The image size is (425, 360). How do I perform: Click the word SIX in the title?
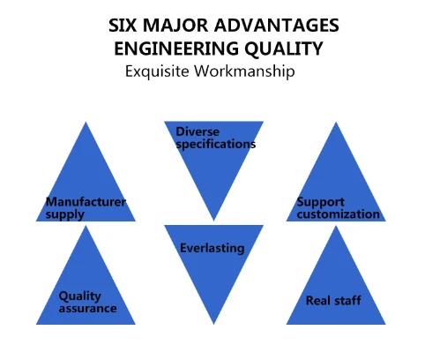click(123, 26)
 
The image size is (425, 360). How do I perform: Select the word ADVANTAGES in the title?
click(277, 26)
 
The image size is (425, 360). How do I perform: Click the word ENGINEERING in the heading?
click(176, 49)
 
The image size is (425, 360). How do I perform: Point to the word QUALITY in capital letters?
click(284, 49)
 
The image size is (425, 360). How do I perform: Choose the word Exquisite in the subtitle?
click(157, 71)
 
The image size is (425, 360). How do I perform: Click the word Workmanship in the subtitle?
click(244, 71)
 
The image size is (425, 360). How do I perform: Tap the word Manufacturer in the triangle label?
click(86, 202)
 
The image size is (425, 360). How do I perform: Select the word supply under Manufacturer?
click(65, 214)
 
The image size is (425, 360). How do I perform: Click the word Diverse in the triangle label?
click(198, 131)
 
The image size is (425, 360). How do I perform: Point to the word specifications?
click(216, 145)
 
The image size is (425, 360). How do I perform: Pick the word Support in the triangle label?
click(320, 202)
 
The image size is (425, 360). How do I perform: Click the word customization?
click(339, 214)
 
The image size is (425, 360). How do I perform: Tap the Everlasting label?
click(212, 248)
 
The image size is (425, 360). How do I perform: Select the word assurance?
click(87, 308)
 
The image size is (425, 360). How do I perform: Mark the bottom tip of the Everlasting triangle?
click(213, 324)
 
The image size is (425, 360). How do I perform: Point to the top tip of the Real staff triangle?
click(336, 226)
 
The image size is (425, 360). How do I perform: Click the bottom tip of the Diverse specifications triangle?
click(213, 221)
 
